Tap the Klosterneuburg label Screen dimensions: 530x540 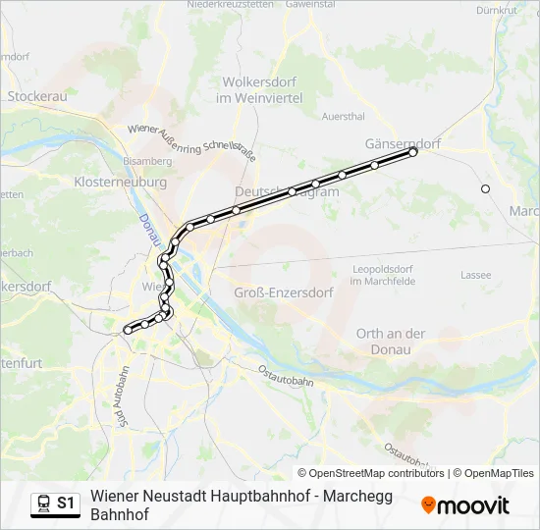(x=120, y=183)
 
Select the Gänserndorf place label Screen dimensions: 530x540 (x=403, y=141)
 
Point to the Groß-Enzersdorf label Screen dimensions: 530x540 (x=284, y=292)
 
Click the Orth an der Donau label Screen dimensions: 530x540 (x=391, y=341)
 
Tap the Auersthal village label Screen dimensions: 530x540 (x=344, y=116)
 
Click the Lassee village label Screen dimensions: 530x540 (x=475, y=275)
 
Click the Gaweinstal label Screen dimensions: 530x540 (x=311, y=4)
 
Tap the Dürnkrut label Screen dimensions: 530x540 (x=495, y=11)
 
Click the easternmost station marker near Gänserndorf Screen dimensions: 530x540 (x=413, y=152)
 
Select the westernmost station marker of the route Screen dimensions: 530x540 (x=128, y=331)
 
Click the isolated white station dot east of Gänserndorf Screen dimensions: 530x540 (x=485, y=188)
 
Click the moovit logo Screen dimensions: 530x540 (x=465, y=505)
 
